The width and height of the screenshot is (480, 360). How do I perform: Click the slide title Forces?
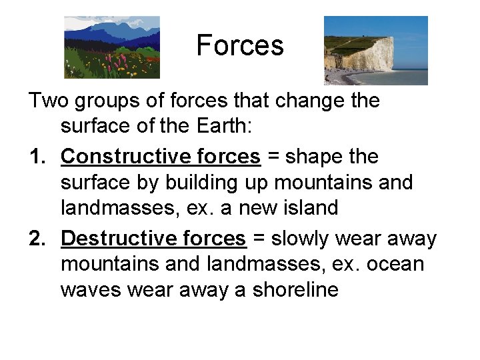(x=240, y=46)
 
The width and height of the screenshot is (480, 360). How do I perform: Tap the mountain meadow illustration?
(x=112, y=48)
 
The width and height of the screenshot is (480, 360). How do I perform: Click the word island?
(x=309, y=208)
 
